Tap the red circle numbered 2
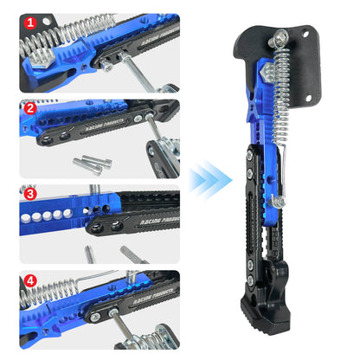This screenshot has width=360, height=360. [x=29, y=109]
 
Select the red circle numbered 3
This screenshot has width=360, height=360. [x=29, y=195]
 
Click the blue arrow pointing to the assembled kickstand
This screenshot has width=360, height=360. [x=211, y=179]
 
